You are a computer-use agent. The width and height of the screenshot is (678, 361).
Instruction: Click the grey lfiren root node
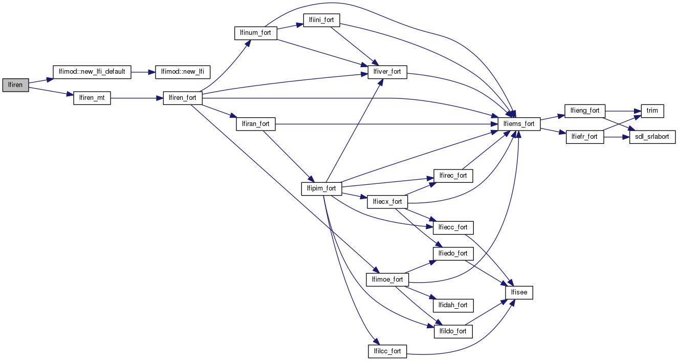15,85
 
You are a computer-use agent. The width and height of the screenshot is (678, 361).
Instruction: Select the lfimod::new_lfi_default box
92,72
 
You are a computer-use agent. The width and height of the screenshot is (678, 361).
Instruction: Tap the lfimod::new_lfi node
182,72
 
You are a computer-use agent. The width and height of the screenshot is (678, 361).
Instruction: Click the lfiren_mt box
92,98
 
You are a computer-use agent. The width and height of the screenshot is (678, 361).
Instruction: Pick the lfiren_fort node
183,98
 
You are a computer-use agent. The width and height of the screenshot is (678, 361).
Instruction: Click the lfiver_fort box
387,72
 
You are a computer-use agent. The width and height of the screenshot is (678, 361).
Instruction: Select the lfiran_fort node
256,123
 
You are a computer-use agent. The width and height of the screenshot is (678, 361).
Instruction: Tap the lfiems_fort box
519,123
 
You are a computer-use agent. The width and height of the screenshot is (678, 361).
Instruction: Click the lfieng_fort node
585,110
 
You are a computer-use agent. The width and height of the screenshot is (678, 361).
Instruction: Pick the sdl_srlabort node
652,137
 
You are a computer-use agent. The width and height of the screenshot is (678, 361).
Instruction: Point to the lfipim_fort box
321,188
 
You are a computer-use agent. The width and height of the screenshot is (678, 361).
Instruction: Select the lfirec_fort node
453,176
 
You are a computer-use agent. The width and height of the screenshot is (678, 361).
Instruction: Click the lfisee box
519,292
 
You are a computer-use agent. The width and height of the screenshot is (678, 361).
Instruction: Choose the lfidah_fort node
453,305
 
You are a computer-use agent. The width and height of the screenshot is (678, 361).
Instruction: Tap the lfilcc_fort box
387,351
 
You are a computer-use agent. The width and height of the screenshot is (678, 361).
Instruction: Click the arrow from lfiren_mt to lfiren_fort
137,98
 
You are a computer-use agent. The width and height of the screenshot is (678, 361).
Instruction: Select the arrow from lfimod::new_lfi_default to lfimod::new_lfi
143,72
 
